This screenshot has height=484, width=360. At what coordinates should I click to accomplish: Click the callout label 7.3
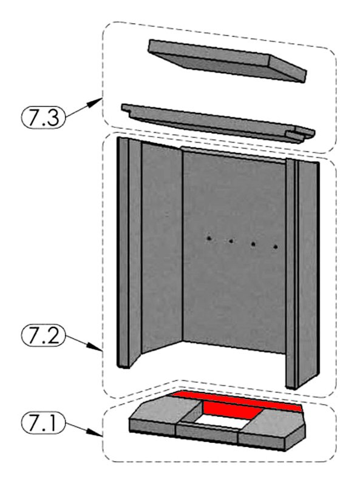point(43,117)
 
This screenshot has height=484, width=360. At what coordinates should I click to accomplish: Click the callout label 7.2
point(43,335)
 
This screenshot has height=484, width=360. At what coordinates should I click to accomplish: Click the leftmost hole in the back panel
point(209,238)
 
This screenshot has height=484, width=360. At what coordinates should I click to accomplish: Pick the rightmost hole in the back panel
point(276,247)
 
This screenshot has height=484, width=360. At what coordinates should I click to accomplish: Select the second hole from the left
point(231,241)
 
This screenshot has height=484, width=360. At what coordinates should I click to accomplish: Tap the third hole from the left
point(253,244)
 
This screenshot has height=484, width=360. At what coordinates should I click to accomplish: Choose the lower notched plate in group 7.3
point(218,123)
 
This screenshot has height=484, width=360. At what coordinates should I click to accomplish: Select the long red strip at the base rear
point(236,400)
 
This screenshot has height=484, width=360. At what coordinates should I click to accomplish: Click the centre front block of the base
point(207,432)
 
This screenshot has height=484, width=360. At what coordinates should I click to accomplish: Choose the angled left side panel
point(161,247)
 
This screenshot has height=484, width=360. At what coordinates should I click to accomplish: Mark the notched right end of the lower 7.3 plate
point(301,135)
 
